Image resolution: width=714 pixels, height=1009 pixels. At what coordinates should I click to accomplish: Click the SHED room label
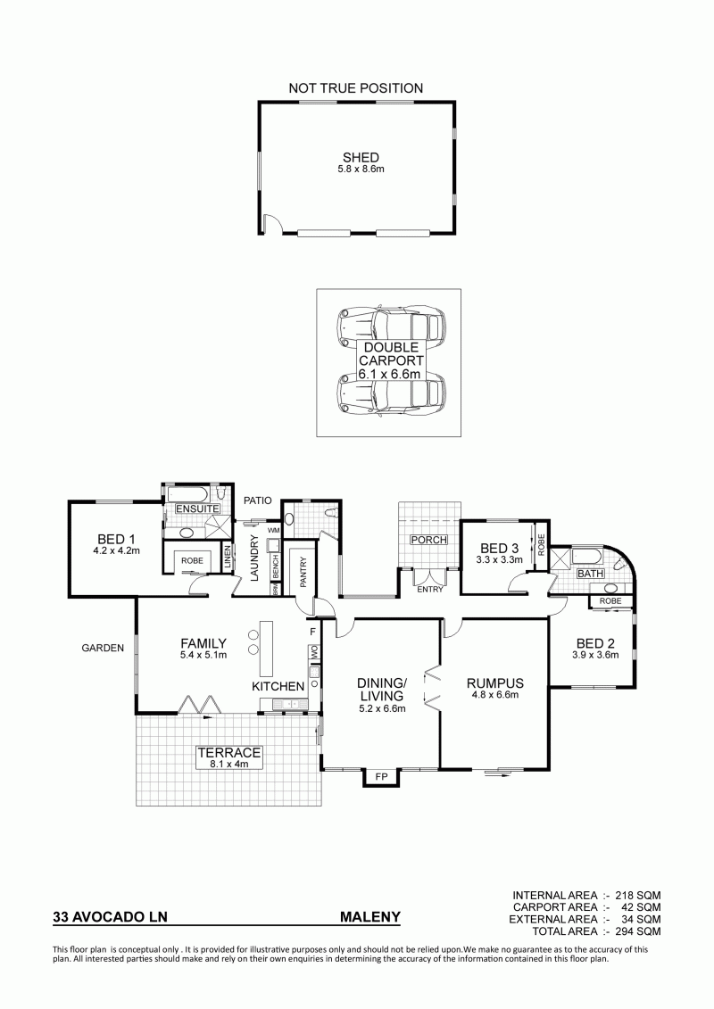pyautogui.click(x=361, y=157)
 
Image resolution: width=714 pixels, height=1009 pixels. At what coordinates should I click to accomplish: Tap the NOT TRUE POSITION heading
pyautogui.click(x=356, y=88)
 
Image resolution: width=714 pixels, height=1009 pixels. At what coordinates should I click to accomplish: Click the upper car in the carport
pyautogui.click(x=392, y=327)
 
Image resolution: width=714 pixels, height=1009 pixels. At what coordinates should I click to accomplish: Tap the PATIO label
pyautogui.click(x=258, y=500)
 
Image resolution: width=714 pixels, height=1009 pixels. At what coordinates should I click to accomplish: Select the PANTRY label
pyautogui.click(x=303, y=572)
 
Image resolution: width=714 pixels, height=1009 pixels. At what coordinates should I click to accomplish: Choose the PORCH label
pyautogui.click(x=428, y=539)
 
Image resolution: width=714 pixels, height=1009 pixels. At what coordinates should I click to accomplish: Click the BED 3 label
pyautogui.click(x=500, y=549)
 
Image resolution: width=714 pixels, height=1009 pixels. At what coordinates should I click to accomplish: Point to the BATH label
pyautogui.click(x=590, y=574)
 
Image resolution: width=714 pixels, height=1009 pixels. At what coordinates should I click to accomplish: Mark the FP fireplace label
pyautogui.click(x=381, y=777)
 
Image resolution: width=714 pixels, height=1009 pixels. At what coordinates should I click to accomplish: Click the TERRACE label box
pyautogui.click(x=229, y=757)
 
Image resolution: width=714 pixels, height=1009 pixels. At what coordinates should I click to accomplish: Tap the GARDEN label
pyautogui.click(x=103, y=648)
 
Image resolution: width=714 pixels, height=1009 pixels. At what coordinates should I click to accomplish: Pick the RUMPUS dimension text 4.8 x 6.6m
pyautogui.click(x=495, y=694)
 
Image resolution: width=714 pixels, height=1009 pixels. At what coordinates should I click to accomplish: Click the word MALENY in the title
pyautogui.click(x=370, y=917)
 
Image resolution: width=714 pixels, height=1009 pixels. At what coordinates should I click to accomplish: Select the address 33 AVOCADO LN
pyautogui.click(x=110, y=917)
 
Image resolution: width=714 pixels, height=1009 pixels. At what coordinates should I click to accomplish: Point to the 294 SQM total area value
pyautogui.click(x=638, y=931)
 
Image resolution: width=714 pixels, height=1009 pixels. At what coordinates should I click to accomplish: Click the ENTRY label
pyautogui.click(x=430, y=589)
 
